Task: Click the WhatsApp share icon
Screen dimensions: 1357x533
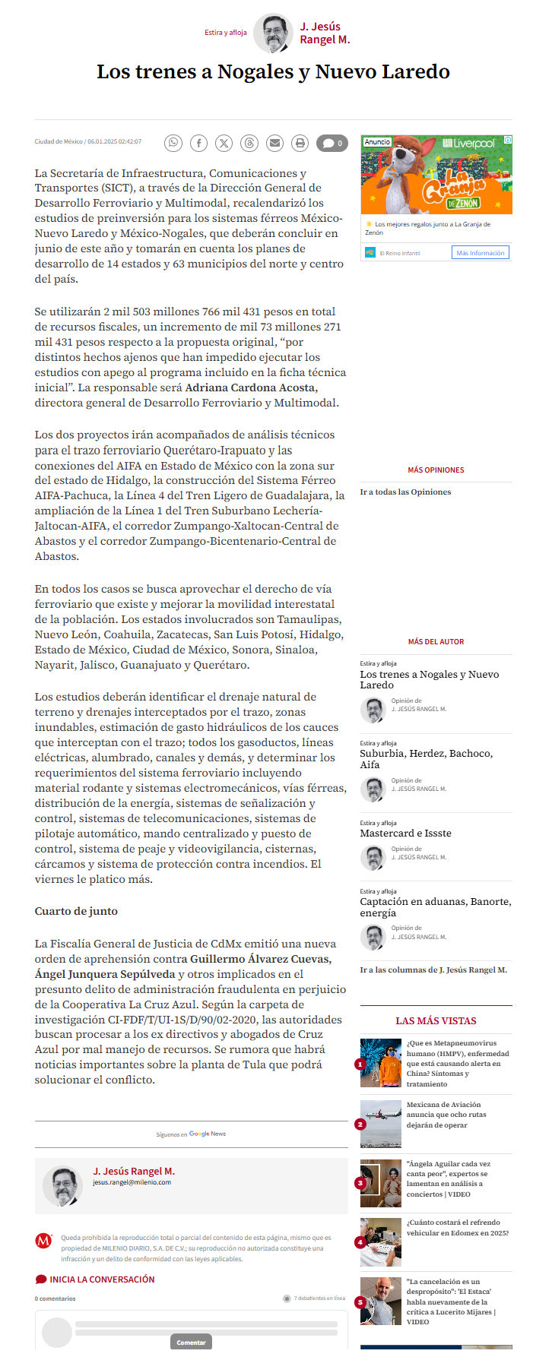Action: [x=174, y=143]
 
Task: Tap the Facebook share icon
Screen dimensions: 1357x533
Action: [x=198, y=143]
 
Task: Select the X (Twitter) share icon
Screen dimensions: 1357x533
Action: [x=224, y=143]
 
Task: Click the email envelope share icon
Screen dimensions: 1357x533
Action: [x=274, y=143]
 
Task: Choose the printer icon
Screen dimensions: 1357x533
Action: [x=300, y=143]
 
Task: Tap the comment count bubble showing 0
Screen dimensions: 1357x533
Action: [x=332, y=143]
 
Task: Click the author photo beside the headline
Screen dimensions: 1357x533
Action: [x=272, y=33]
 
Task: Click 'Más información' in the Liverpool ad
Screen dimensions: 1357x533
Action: [x=480, y=253]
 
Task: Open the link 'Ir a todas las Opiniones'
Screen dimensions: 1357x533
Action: [x=405, y=492]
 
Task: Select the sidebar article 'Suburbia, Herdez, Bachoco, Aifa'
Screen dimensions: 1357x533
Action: [x=426, y=758]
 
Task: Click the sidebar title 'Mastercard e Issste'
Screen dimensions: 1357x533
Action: [x=405, y=833]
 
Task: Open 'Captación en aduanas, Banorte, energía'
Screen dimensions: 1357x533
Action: [x=435, y=907]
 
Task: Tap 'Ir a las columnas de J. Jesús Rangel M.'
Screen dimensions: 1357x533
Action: [x=433, y=970]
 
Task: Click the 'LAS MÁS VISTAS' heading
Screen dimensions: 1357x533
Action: [x=436, y=1020]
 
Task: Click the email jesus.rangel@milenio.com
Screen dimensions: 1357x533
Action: [x=132, y=1182]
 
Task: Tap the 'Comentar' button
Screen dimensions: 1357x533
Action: [x=191, y=1343]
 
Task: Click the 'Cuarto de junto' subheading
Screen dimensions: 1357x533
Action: [x=76, y=911]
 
